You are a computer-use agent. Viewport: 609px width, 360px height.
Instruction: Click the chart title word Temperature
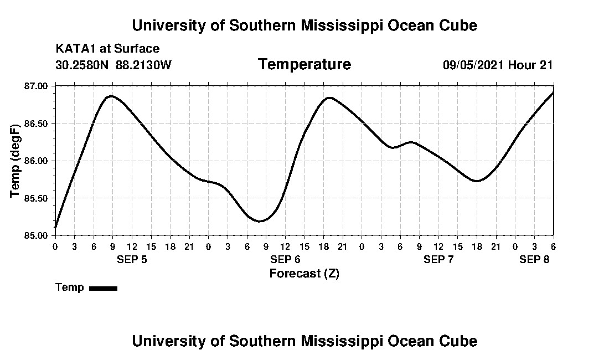(304, 65)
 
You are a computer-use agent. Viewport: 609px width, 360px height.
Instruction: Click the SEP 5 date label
(132, 259)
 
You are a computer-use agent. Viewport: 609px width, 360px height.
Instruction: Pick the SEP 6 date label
(285, 259)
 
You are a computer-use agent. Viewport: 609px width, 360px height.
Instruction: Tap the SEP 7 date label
(438, 259)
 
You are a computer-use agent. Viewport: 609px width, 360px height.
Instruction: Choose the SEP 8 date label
(534, 259)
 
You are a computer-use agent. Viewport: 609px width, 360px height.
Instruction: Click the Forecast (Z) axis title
(304, 273)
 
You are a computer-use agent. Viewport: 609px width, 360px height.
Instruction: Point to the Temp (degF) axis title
(16, 161)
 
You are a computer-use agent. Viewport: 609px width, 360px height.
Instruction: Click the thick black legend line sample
(103, 288)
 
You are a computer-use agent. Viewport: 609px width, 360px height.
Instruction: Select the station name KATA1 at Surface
(107, 49)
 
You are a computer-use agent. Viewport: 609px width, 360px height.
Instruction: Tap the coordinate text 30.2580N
(82, 65)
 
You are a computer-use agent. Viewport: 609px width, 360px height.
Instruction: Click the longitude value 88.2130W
(144, 65)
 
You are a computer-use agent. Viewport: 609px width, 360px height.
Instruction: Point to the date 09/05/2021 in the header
(473, 65)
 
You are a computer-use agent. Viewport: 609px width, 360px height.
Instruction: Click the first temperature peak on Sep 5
(112, 96)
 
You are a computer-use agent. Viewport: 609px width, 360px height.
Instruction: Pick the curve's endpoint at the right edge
(553, 92)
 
